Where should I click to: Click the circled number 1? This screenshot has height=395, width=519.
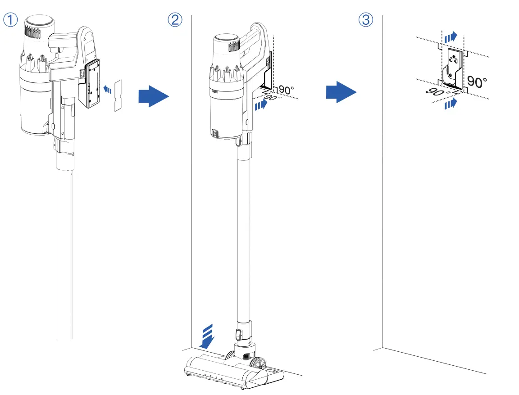click(11, 20)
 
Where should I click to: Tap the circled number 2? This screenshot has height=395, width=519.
click(175, 20)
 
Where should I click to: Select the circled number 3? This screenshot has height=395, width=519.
click(366, 20)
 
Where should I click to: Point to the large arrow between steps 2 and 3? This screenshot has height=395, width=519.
click(341, 93)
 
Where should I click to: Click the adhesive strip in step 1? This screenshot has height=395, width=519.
click(118, 95)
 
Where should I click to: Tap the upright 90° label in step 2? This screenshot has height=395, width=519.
click(287, 90)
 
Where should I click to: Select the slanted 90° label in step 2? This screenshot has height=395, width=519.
click(273, 98)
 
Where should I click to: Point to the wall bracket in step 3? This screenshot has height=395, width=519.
click(452, 68)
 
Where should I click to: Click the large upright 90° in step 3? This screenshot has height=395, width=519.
click(477, 82)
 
